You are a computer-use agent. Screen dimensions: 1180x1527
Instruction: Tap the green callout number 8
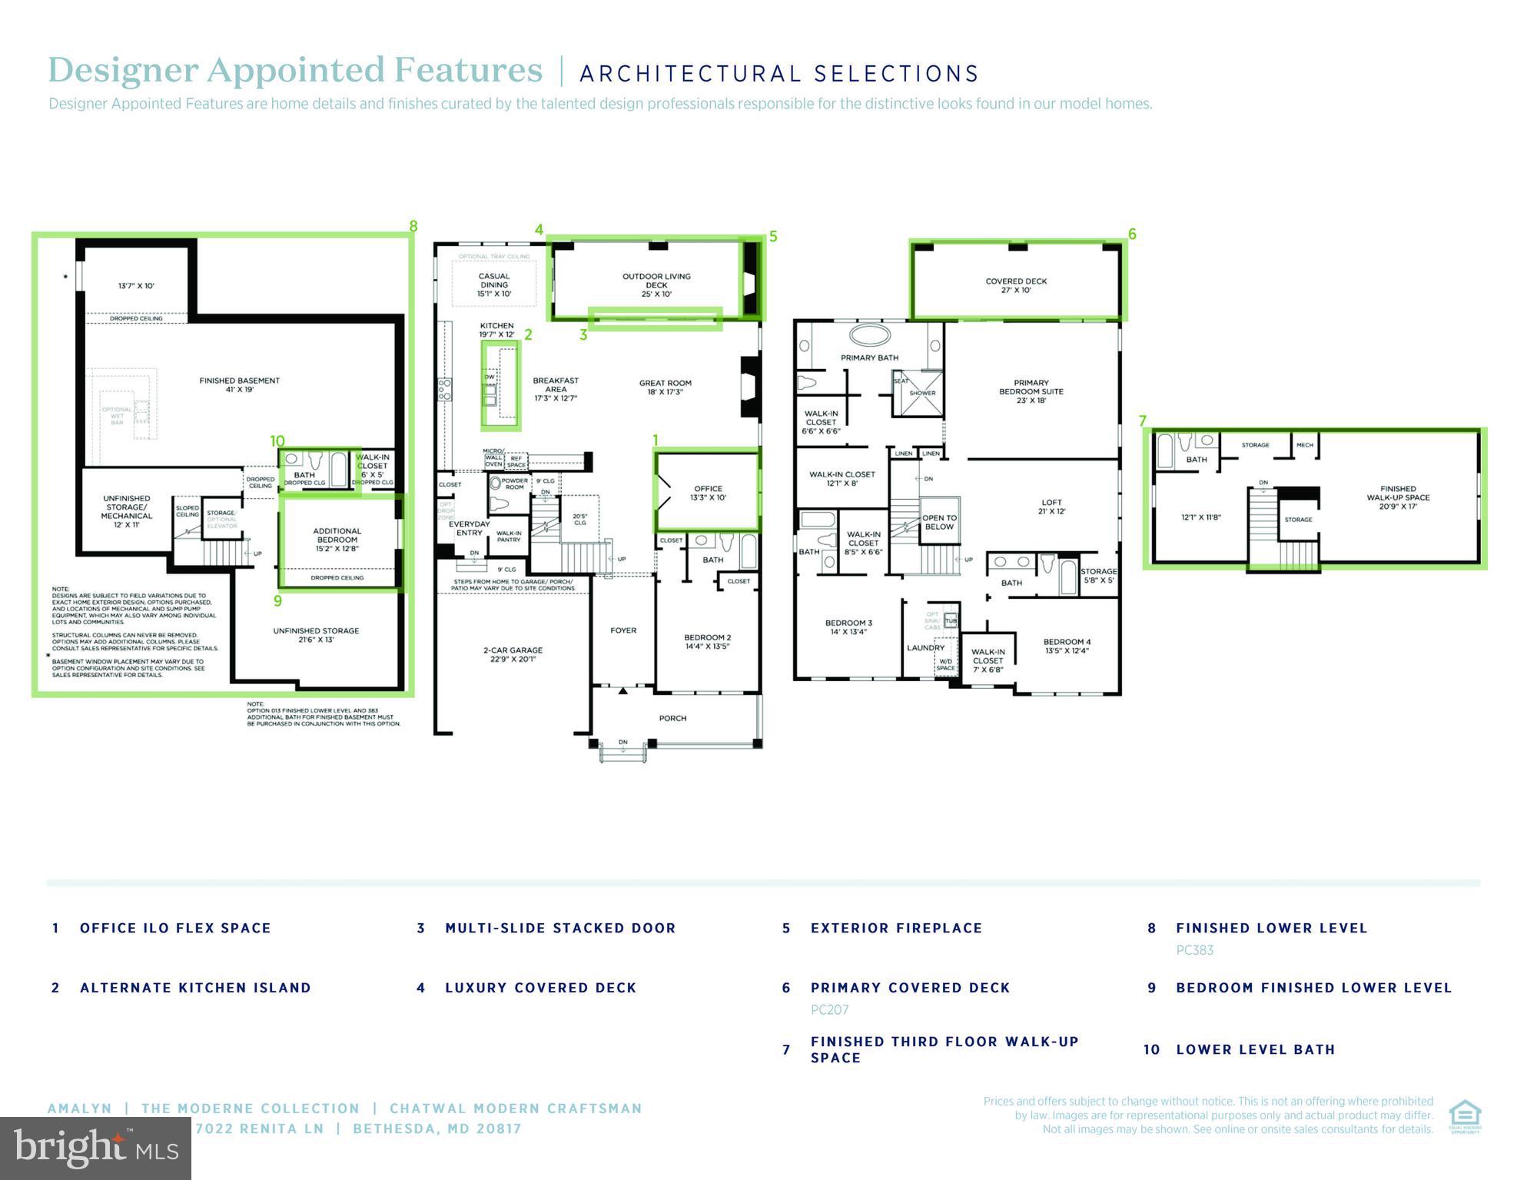point(413,226)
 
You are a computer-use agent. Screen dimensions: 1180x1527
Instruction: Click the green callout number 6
point(1131,234)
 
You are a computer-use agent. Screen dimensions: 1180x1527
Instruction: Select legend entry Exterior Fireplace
point(896,928)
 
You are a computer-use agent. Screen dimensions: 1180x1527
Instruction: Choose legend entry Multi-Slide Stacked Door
point(560,928)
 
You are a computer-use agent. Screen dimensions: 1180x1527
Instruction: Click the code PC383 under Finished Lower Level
point(1194,950)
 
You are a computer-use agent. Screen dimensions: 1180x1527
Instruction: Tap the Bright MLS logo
point(95,1148)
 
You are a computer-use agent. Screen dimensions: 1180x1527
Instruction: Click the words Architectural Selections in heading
point(778,74)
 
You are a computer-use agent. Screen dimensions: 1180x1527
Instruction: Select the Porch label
point(672,718)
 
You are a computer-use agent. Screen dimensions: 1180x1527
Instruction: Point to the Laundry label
point(925,647)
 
